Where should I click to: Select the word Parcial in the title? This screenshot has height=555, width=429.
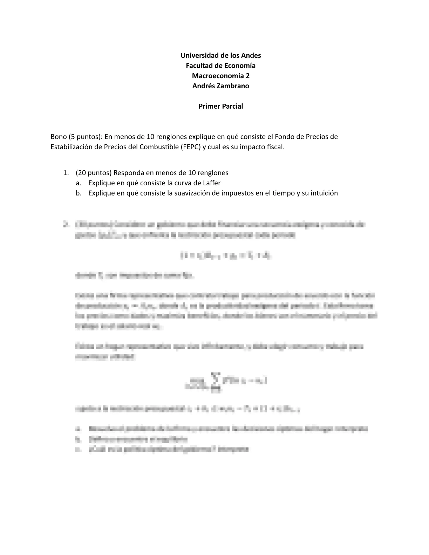(x=232, y=106)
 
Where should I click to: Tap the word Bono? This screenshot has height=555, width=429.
(x=59, y=137)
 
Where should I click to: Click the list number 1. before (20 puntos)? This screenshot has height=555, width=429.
(x=66, y=173)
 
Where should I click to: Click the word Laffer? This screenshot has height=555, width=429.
(x=212, y=183)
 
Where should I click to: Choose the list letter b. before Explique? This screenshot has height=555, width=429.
(x=78, y=193)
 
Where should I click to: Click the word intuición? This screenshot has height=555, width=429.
(x=324, y=193)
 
